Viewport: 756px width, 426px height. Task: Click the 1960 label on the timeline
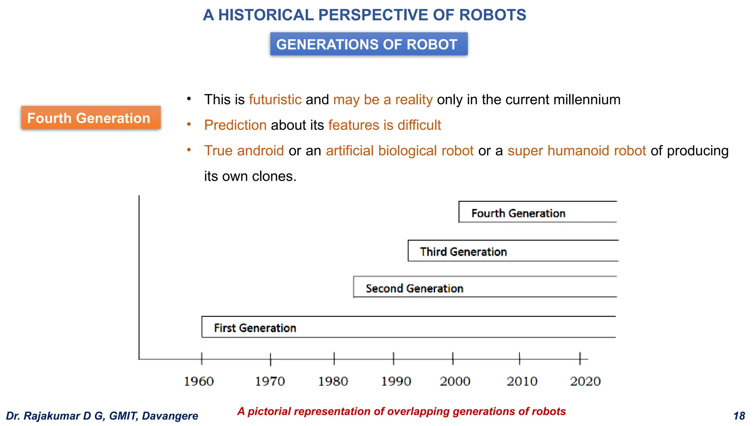pyautogui.click(x=199, y=381)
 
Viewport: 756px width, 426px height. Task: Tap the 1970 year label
pyautogui.click(x=270, y=381)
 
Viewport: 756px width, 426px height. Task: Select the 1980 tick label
pyautogui.click(x=333, y=381)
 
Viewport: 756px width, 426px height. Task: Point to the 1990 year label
pyautogui.click(x=396, y=381)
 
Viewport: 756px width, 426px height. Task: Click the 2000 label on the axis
pyautogui.click(x=455, y=381)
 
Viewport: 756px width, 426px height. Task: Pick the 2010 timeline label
pyautogui.click(x=522, y=381)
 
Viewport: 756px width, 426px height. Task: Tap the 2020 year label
pyautogui.click(x=585, y=381)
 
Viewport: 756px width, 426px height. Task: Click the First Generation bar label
pyautogui.click(x=255, y=328)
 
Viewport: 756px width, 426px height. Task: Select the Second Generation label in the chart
pyautogui.click(x=415, y=288)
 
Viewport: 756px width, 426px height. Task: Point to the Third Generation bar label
pyautogui.click(x=463, y=252)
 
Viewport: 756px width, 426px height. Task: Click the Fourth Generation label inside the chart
pyautogui.click(x=518, y=213)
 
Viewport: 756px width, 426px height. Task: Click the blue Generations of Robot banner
pyautogui.click(x=369, y=44)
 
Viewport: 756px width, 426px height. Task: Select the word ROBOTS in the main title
pyautogui.click(x=492, y=15)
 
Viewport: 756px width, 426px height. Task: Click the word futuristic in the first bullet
pyautogui.click(x=275, y=100)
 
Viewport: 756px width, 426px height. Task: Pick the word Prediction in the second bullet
pyautogui.click(x=235, y=125)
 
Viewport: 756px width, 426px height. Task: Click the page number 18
pyautogui.click(x=739, y=416)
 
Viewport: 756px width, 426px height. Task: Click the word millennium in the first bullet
pyautogui.click(x=587, y=100)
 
